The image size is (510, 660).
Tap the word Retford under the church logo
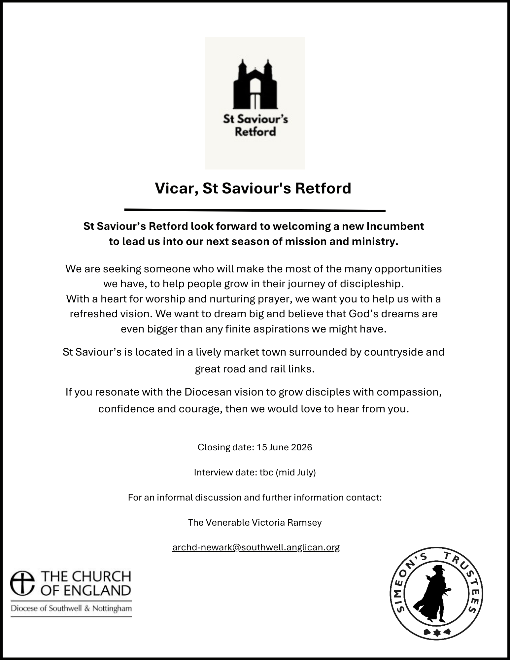[255, 132]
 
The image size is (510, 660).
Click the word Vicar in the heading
[174, 189]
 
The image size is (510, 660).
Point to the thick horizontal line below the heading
[255, 210]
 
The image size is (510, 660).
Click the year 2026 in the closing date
[302, 447]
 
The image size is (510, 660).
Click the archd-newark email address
[256, 547]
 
